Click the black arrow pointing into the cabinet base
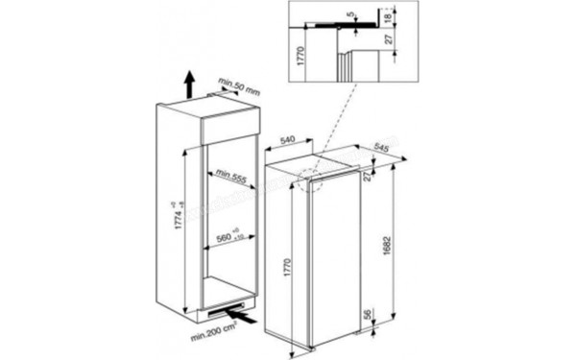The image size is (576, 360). click(244, 313)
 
